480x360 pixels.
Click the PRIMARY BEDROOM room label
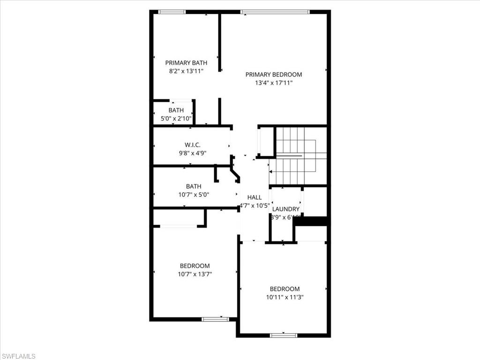(274, 75)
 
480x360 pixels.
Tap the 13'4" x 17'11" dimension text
(274, 83)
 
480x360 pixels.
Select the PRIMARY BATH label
(186, 63)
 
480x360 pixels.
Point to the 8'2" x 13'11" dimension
(186, 71)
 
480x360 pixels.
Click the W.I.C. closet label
(193, 145)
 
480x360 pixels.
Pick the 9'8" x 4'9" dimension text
(193, 153)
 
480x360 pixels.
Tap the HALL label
(255, 197)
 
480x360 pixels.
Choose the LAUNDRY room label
(285, 209)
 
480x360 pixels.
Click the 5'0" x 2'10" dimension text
(176, 119)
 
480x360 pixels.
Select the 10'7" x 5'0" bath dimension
(194, 195)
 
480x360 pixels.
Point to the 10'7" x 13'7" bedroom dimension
(195, 274)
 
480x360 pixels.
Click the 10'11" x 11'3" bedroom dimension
(285, 297)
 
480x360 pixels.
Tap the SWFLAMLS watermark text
(18, 356)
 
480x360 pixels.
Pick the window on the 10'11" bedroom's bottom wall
(284, 335)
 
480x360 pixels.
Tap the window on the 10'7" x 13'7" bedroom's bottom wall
(215, 319)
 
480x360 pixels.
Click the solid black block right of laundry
(310, 221)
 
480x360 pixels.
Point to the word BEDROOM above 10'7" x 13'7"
(195, 266)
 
